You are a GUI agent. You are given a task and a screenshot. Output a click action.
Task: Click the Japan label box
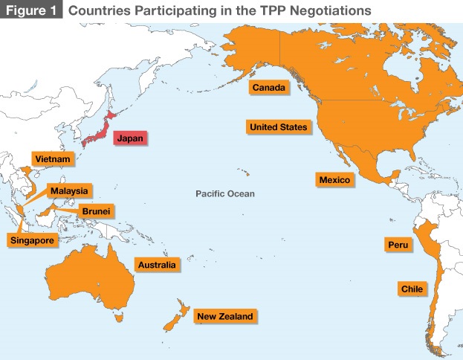click(x=129, y=138)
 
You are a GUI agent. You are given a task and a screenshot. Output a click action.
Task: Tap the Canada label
click(x=268, y=88)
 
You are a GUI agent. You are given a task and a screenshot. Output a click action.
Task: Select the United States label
click(x=278, y=127)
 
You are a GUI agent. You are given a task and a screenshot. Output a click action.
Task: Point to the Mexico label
click(x=334, y=180)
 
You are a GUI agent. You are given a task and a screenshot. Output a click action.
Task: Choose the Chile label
click(x=412, y=288)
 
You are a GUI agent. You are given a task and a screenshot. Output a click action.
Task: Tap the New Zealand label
click(x=224, y=317)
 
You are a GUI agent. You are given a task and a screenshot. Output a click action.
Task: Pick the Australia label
click(x=156, y=265)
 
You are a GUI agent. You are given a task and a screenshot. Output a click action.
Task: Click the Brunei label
click(x=96, y=212)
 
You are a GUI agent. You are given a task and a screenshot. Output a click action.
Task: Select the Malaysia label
click(x=69, y=191)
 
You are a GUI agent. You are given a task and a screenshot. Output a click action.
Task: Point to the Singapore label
click(x=30, y=240)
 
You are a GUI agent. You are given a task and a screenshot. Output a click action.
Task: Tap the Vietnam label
click(x=52, y=159)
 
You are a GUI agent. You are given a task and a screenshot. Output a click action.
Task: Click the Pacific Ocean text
click(x=224, y=194)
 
